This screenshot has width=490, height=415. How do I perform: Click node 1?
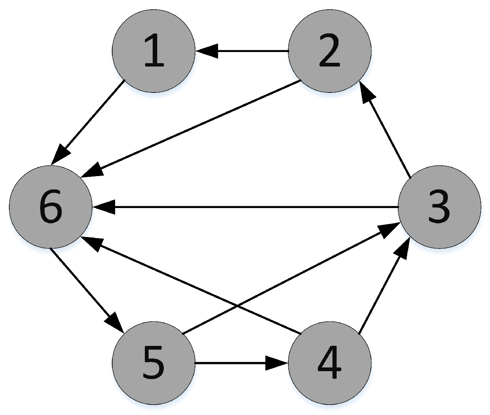pyautogui.click(x=153, y=51)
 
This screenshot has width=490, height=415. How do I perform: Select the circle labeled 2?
pyautogui.click(x=330, y=51)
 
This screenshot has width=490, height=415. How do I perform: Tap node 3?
pyautogui.click(x=439, y=207)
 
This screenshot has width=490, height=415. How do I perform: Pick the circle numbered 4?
pyautogui.click(x=330, y=363)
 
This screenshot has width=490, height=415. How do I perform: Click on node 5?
pyautogui.click(x=153, y=363)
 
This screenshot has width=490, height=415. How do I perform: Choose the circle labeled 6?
pyautogui.click(x=51, y=207)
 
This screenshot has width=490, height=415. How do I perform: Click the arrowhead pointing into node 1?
pyautogui.click(x=206, y=51)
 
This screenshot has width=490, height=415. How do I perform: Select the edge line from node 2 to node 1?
pyautogui.click(x=253, y=51)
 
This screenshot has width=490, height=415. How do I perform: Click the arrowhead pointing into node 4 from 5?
pyautogui.click(x=277, y=363)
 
